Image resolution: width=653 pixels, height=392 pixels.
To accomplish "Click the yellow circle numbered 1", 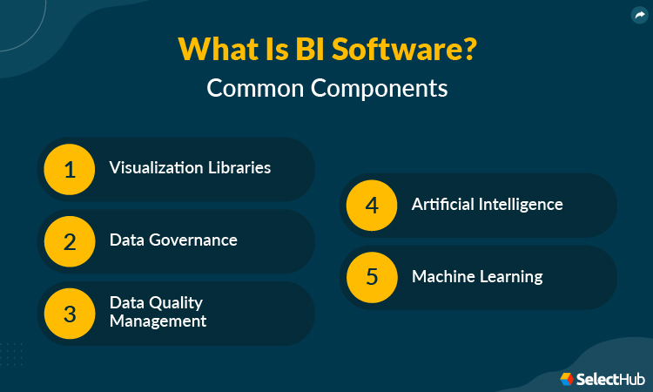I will coord(71,168).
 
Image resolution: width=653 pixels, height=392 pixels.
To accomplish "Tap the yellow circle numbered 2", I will coord(71,241).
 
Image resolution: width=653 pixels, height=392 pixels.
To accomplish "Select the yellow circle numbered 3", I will coord(71,314).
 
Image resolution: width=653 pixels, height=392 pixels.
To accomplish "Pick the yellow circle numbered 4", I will coord(372,206).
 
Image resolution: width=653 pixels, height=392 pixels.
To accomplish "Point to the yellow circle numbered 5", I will coord(372,278).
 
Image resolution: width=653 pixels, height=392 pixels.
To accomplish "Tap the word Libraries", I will coord(239,167).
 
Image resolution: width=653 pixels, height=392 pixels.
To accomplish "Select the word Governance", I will coord(191,240).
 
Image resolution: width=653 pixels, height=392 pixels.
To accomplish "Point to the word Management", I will coord(158,321).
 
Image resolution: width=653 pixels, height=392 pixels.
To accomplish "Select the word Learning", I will coord(512,277).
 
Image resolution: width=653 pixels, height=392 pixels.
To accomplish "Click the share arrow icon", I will coord(639,14).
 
